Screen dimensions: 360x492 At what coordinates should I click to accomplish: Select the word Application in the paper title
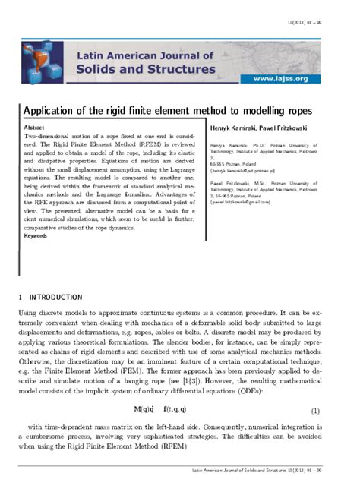click(52, 109)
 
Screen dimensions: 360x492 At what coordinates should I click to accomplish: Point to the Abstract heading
click(35, 127)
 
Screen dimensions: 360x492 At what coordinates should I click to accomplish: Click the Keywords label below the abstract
click(36, 235)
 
